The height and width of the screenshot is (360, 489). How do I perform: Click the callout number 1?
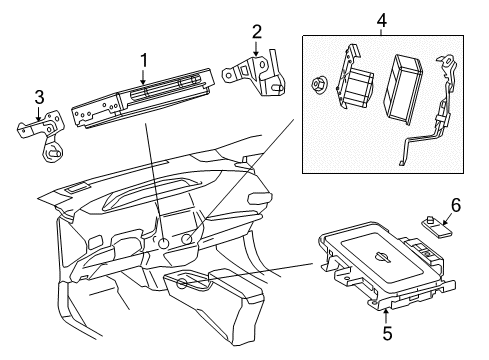(143, 61)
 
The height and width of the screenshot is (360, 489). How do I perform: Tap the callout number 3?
(39, 98)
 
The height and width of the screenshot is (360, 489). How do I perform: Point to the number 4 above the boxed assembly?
(380, 18)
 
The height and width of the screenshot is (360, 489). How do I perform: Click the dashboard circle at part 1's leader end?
(162, 243)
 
